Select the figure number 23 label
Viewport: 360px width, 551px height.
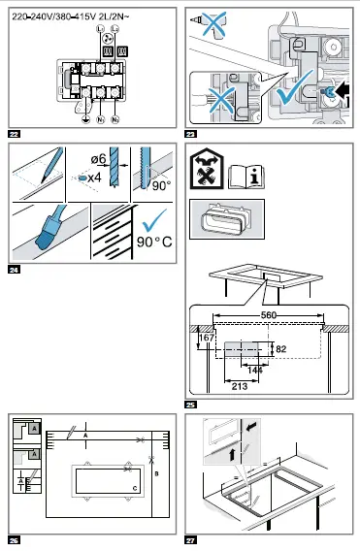click(x=190, y=133)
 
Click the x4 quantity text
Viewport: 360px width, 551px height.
click(x=95, y=178)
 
